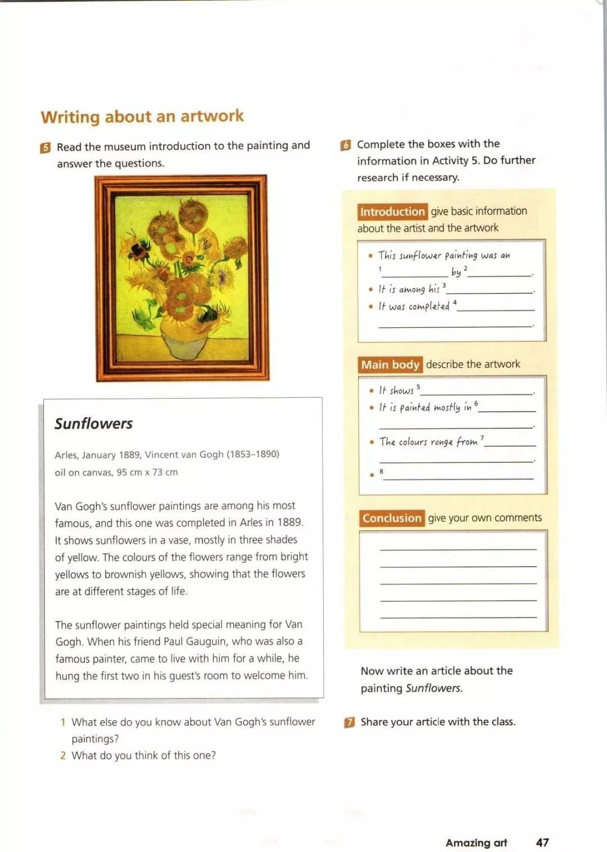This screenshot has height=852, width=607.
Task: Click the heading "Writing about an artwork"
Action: coord(142,116)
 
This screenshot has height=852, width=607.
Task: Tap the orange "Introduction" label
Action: coord(392,212)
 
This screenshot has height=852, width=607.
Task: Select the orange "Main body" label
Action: coord(390,364)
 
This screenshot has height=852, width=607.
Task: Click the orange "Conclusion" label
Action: coord(392,518)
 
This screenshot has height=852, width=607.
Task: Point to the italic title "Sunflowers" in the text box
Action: coord(94,423)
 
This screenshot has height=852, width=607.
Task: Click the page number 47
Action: coord(542,842)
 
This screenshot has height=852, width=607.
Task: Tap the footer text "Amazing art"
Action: coord(476,842)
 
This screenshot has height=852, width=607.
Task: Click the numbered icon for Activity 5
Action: coord(46,147)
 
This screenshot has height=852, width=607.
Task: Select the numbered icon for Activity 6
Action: coord(346,145)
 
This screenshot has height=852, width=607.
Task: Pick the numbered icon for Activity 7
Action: coord(350,722)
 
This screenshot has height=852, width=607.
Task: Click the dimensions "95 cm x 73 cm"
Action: coord(147,472)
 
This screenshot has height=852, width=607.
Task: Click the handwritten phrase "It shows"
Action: coord(396,390)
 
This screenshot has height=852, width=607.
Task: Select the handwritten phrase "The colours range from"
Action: coord(428,442)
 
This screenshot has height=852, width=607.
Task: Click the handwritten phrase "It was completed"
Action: coord(414,306)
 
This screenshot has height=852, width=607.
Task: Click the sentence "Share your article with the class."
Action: coord(438,722)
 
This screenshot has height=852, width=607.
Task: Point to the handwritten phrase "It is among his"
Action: coord(409,289)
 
